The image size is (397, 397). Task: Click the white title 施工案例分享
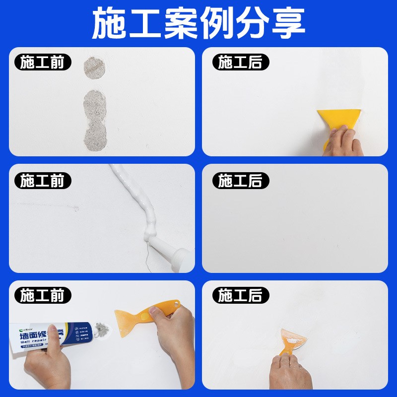(x=198, y=23)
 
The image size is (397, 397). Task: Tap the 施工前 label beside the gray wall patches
(x=42, y=63)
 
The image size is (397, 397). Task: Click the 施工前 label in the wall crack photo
(x=42, y=181)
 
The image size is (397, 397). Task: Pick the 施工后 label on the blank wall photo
(x=240, y=181)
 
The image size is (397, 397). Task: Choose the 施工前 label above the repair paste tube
(x=42, y=296)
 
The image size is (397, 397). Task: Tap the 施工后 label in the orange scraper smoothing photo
(x=240, y=296)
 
